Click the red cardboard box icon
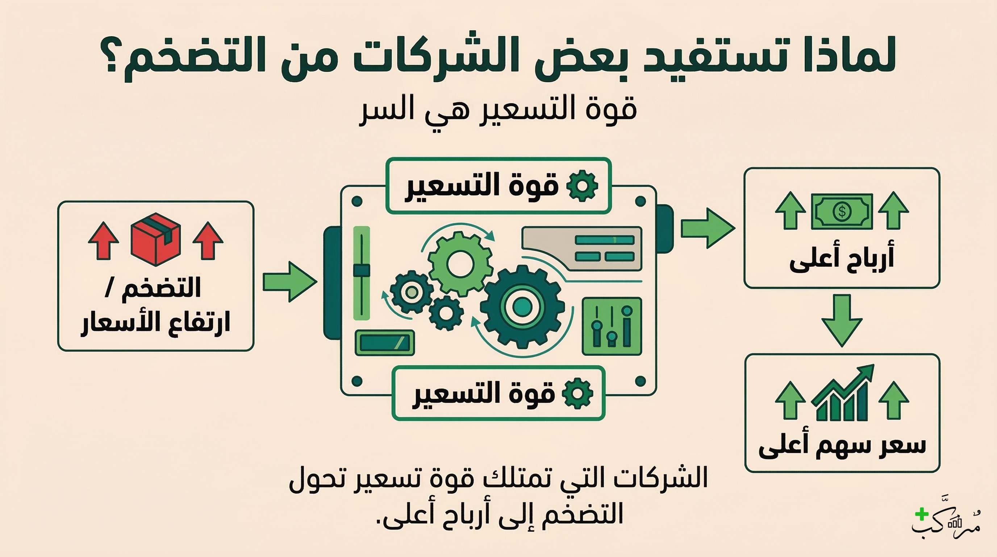click(x=155, y=239)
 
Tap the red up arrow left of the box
click(x=103, y=240)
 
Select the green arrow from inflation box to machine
click(x=289, y=282)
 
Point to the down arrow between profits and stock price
click(x=842, y=320)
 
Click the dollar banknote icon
click(x=842, y=211)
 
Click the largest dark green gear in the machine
click(x=522, y=307)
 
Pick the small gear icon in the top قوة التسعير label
click(x=582, y=186)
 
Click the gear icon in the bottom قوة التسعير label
click(x=577, y=393)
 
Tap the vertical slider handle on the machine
click(x=362, y=271)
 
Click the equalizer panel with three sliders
click(x=612, y=326)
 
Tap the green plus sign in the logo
click(x=922, y=514)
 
